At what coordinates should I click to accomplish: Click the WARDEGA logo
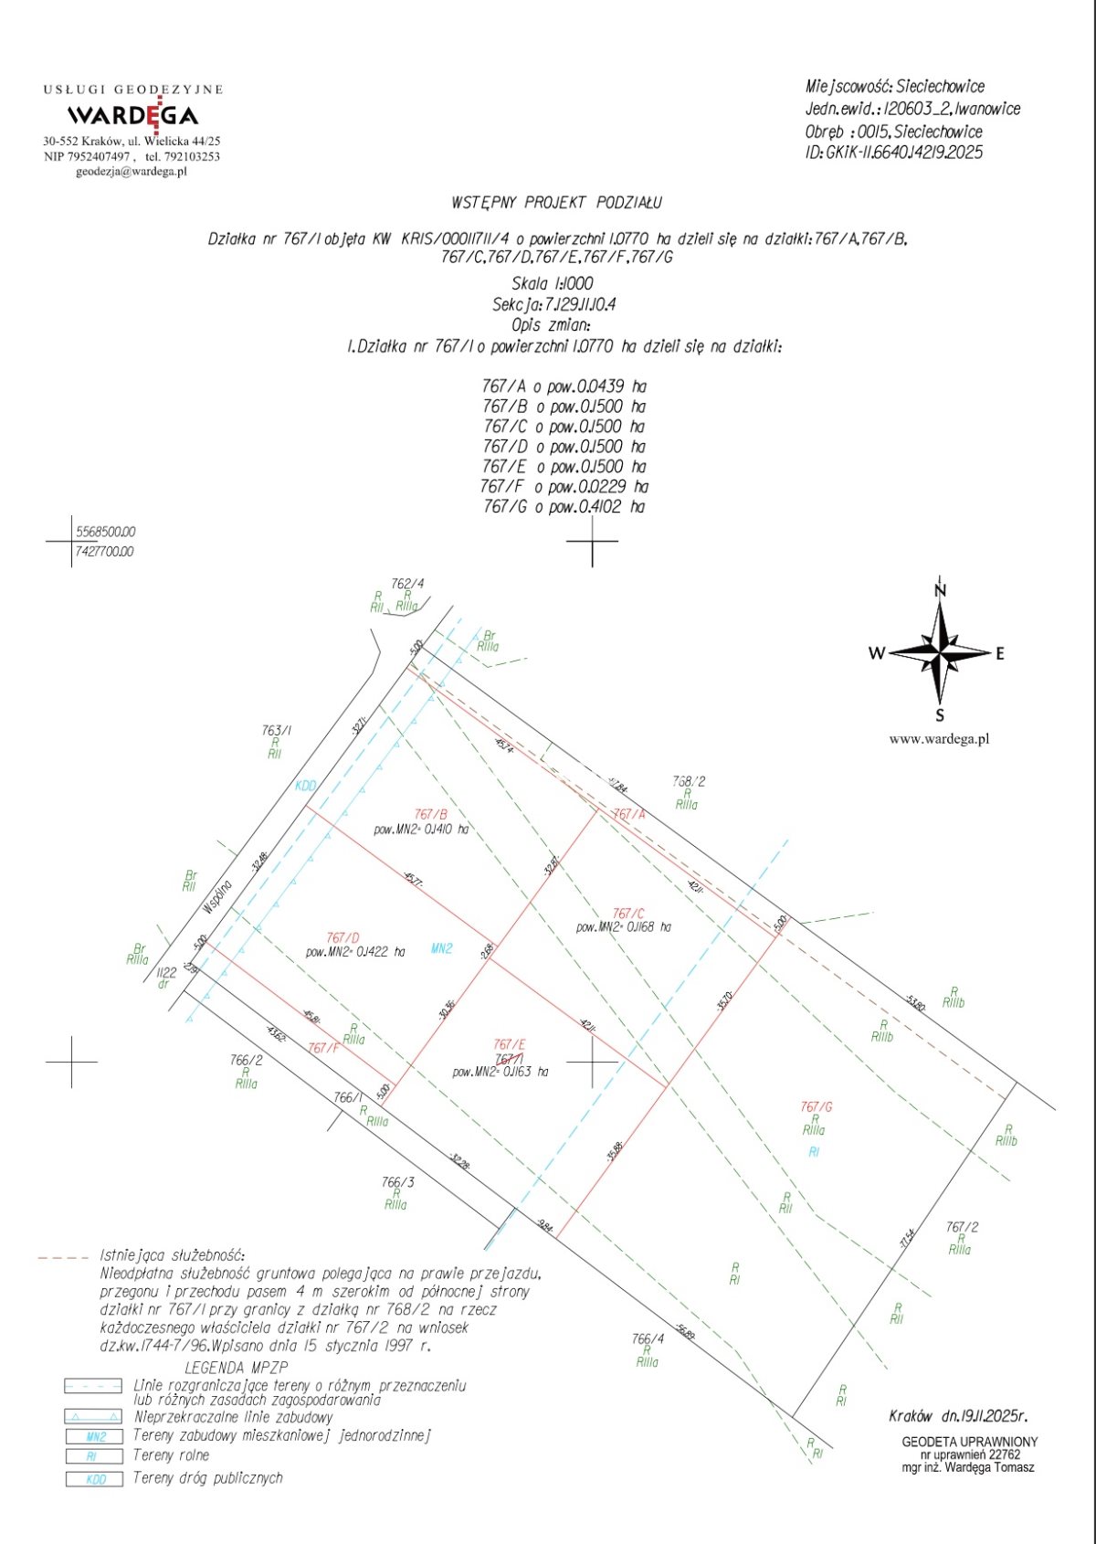[x=132, y=115]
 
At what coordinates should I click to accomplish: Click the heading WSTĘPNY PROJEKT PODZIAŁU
[x=556, y=203]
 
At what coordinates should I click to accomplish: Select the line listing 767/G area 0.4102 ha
[x=564, y=507]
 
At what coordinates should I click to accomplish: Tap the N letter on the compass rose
[x=940, y=591]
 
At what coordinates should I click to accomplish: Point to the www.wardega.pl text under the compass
[x=939, y=739]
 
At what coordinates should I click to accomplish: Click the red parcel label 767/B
[x=430, y=814]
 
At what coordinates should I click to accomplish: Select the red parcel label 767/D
[x=342, y=937]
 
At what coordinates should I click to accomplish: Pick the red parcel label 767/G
[x=816, y=1106]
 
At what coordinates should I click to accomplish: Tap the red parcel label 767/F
[x=323, y=1048]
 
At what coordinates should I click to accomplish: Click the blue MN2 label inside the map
[x=441, y=949]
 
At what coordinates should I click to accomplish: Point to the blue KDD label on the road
[x=305, y=786]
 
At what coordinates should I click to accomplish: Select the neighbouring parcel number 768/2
[x=689, y=781]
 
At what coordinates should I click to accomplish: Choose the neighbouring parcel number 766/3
[x=397, y=1181]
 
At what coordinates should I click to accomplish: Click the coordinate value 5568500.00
[x=105, y=532]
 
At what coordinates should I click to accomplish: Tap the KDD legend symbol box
[x=93, y=1479]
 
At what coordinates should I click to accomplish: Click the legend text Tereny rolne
[x=171, y=1455]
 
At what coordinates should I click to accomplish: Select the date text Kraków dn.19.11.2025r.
[x=958, y=1417]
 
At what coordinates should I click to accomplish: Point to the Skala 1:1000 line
[x=553, y=284]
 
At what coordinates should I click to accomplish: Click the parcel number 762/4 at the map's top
[x=407, y=584]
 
